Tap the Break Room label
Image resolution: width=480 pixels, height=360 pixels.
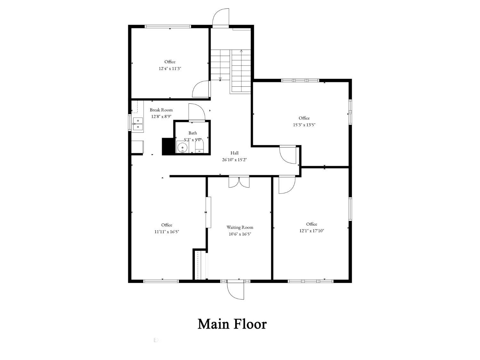click(x=161, y=110)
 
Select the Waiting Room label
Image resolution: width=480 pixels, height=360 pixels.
click(x=240, y=227)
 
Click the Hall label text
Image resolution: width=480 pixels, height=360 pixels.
click(x=235, y=153)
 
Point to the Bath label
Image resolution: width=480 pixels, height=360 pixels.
click(x=193, y=133)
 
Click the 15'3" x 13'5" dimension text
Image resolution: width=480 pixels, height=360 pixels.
click(x=304, y=125)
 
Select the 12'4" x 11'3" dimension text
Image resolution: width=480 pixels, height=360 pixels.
click(x=170, y=68)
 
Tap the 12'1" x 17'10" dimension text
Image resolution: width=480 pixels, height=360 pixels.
click(x=312, y=231)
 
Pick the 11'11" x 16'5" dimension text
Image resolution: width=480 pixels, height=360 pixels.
click(x=167, y=231)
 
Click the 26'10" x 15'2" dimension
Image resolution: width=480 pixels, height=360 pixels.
click(x=235, y=160)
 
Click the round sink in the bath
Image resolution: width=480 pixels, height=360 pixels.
click(x=182, y=147)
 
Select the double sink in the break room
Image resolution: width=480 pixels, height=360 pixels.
click(x=138, y=124)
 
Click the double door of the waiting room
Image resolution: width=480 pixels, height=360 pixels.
click(x=239, y=182)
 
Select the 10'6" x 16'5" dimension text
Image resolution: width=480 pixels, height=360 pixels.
click(x=240, y=234)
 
